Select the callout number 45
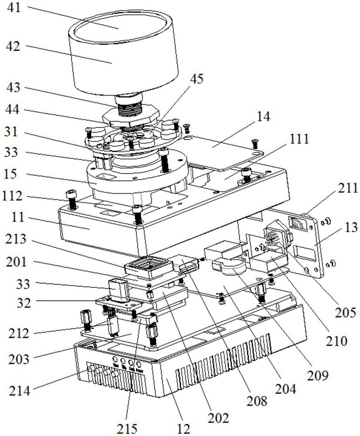click(197, 79)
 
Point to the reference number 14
click(263, 116)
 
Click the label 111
click(300, 140)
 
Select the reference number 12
click(184, 429)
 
